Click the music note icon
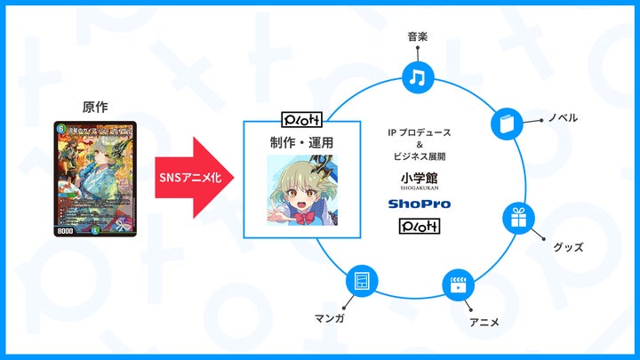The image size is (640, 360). [x=415, y=77]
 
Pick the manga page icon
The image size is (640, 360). [x=359, y=281]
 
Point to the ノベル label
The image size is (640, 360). [x=562, y=117]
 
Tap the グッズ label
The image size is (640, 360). [x=567, y=246]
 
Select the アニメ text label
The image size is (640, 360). [x=484, y=321]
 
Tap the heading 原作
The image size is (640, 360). [x=94, y=108]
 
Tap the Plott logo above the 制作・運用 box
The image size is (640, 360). [x=300, y=118]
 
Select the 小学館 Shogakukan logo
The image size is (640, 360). [x=420, y=180]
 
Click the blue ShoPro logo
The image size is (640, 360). [x=420, y=204]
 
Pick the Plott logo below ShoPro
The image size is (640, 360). [x=420, y=228]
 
